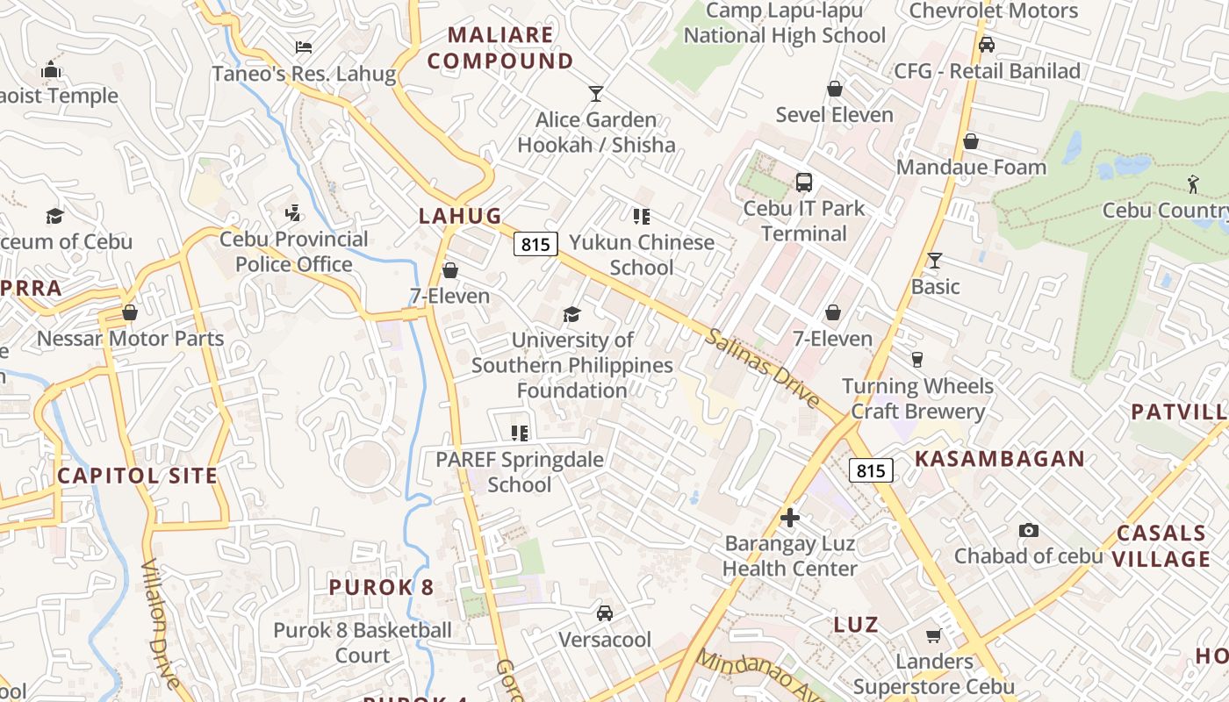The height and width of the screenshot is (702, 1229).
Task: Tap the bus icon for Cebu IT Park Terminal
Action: point(804,183)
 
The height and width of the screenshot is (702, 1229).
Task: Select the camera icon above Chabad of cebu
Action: point(1029,530)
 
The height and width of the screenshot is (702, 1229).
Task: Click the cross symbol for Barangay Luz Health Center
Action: point(790,518)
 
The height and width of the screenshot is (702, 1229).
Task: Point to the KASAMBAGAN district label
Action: point(1000,458)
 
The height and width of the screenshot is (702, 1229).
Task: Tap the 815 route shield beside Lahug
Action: point(535,244)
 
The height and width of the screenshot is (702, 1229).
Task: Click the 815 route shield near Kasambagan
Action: point(871,470)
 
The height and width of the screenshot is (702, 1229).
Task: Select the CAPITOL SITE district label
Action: point(137,476)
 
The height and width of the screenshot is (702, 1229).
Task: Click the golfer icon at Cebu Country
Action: point(1192,184)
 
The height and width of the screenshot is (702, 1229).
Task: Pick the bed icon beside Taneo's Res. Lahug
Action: point(304,47)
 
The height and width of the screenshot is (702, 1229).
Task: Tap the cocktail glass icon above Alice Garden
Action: point(596,93)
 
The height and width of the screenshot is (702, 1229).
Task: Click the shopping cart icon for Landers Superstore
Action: point(934,635)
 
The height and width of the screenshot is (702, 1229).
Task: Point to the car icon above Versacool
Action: point(605,613)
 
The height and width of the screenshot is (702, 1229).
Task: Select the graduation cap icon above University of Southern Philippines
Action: point(572,314)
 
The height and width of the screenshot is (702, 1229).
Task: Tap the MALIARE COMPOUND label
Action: point(500,47)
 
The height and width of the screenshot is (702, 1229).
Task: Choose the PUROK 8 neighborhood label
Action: point(381,587)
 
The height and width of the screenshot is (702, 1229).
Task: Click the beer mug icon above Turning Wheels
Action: point(917,360)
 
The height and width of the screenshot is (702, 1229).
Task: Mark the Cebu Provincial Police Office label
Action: point(294,251)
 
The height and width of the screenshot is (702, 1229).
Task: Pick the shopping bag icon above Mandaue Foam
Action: point(971,141)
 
